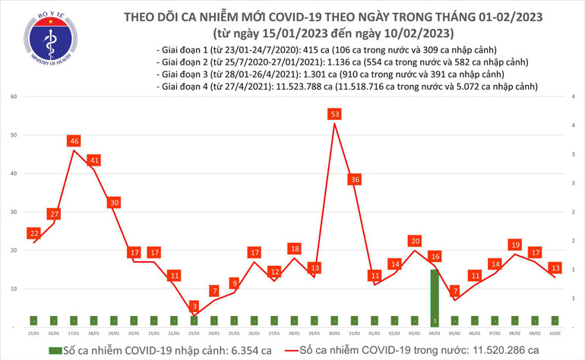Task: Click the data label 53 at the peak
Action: (335, 114)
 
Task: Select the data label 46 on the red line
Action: (74, 141)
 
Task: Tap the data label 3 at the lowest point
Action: (194, 304)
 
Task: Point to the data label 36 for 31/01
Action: (354, 179)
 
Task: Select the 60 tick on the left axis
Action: (14, 97)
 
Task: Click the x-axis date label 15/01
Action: (33, 333)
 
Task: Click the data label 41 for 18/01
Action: (93, 160)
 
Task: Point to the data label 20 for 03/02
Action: (414, 241)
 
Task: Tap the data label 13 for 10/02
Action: (555, 267)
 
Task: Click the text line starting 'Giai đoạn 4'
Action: (346, 87)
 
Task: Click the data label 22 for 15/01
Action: (34, 233)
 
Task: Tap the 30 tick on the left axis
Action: (14, 212)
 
